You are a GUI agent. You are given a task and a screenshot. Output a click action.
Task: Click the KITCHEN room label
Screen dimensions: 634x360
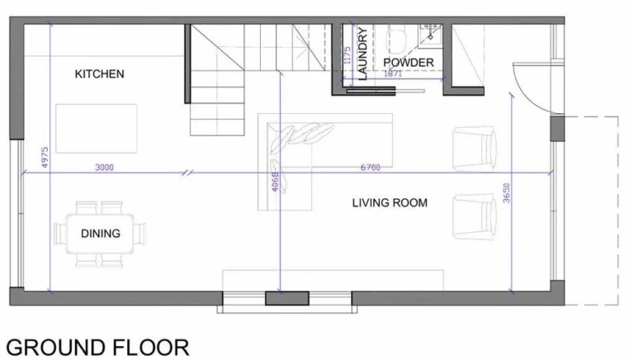pos(99,74)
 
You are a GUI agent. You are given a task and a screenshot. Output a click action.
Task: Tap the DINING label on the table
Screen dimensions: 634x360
pos(101,234)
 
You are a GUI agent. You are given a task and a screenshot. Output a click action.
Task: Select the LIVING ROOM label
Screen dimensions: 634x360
pos(390,202)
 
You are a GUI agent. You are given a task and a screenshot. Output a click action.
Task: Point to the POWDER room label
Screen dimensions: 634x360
pos(409,62)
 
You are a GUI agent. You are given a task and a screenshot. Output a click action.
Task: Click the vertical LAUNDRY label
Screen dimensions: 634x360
pos(362,54)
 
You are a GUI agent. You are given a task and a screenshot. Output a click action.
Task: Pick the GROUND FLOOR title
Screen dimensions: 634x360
pos(97,348)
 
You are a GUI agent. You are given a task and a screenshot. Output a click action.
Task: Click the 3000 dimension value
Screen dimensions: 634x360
pos(104,167)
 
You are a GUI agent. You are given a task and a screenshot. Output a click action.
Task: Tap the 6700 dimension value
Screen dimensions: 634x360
pos(371,167)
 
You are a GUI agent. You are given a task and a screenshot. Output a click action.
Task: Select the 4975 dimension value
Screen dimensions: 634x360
pos(45,157)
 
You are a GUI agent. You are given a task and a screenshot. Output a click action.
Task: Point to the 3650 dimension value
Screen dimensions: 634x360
pos(506,193)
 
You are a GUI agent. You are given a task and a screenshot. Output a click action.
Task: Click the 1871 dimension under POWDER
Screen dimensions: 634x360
pos(392,73)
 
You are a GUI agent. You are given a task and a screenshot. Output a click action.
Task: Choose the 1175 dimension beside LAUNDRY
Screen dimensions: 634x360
pos(347,55)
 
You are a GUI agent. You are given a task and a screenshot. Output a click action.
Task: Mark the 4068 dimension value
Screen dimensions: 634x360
pos(275,182)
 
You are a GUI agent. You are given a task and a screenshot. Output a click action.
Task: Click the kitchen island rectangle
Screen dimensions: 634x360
pos(97,129)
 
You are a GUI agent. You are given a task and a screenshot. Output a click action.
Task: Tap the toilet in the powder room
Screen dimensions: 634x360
pos(396,40)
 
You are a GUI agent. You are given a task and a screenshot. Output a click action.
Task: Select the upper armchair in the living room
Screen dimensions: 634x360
pos(475,149)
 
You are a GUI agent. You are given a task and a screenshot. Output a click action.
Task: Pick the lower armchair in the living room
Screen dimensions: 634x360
pos(475,216)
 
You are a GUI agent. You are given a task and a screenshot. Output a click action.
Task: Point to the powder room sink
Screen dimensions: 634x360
pos(431,33)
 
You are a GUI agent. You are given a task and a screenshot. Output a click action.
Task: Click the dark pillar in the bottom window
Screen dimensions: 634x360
pos(287,298)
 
